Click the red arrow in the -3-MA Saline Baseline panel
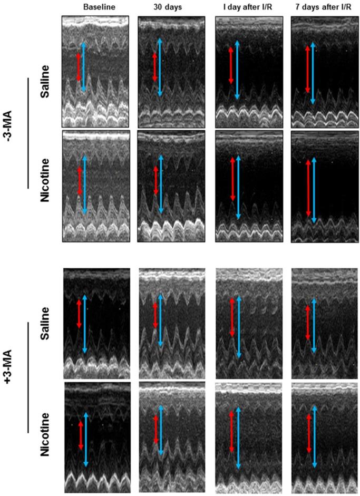pyautogui.click(x=79, y=66)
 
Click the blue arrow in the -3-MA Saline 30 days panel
pyautogui.click(x=160, y=67)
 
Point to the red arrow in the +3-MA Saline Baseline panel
pyautogui.click(x=79, y=314)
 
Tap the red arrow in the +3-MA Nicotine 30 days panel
pyautogui.click(x=155, y=433)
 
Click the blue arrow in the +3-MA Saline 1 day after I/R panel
pyautogui.click(x=238, y=327)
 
